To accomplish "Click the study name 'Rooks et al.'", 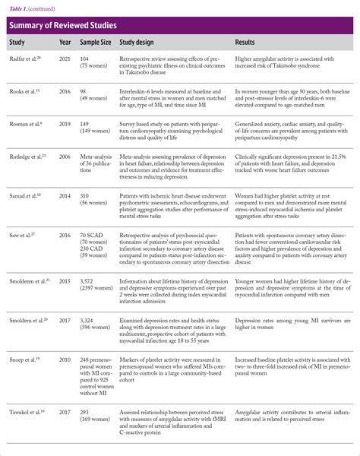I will pyautogui.click(x=24, y=90).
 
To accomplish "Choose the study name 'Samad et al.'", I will pyautogui.click(x=25, y=195).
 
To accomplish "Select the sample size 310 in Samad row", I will pyautogui.click(x=86, y=195).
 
